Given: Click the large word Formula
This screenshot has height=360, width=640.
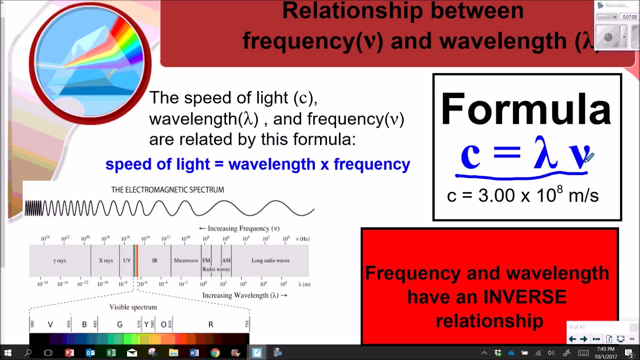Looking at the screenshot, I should (526, 109).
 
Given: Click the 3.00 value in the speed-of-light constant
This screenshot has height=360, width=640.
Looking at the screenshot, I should (497, 195).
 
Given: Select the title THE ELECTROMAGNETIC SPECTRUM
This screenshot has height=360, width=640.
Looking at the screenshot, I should (167, 190).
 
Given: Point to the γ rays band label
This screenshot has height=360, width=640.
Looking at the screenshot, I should (59, 260).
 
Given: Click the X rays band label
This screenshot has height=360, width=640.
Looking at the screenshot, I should (105, 260).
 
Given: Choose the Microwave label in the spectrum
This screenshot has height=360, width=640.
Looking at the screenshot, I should (186, 260).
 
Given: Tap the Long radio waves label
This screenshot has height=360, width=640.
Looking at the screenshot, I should (270, 260).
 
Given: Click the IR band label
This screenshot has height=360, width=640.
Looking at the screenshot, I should (154, 260).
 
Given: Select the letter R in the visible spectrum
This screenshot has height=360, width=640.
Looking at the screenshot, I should (210, 324).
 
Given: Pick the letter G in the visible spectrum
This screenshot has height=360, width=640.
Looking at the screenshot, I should (119, 324).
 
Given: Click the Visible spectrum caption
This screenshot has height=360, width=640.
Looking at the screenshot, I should (133, 307).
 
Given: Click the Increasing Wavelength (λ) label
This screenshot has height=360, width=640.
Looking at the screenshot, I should (244, 295).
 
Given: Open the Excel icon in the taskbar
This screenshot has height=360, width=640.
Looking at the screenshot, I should (111, 352).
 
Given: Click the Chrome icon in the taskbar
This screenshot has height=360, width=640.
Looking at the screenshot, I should (215, 352).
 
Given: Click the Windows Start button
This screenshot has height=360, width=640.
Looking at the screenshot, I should (8, 352).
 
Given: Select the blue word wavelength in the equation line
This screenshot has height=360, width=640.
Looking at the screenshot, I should (272, 164).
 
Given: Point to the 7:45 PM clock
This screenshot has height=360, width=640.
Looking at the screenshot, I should (605, 349).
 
